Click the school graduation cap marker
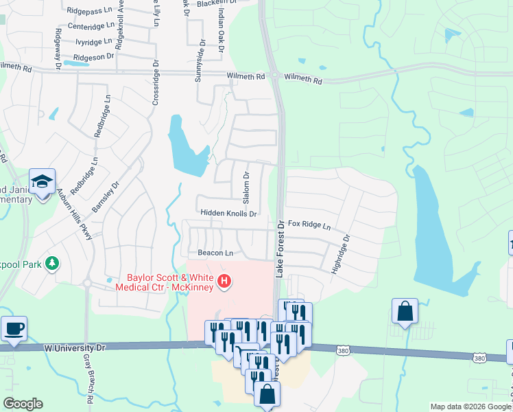(42, 181)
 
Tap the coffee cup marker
(13, 328)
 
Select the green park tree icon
(51, 264)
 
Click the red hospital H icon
(223, 281)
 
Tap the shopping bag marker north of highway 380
(405, 310)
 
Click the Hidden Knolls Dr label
(228, 214)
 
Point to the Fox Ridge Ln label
(309, 225)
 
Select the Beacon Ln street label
(211, 253)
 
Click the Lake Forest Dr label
(280, 249)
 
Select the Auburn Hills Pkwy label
(79, 214)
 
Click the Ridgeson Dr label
(93, 57)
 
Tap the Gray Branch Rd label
(90, 378)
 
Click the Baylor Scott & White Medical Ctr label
(165, 282)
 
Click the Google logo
(23, 404)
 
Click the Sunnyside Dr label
(199, 61)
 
